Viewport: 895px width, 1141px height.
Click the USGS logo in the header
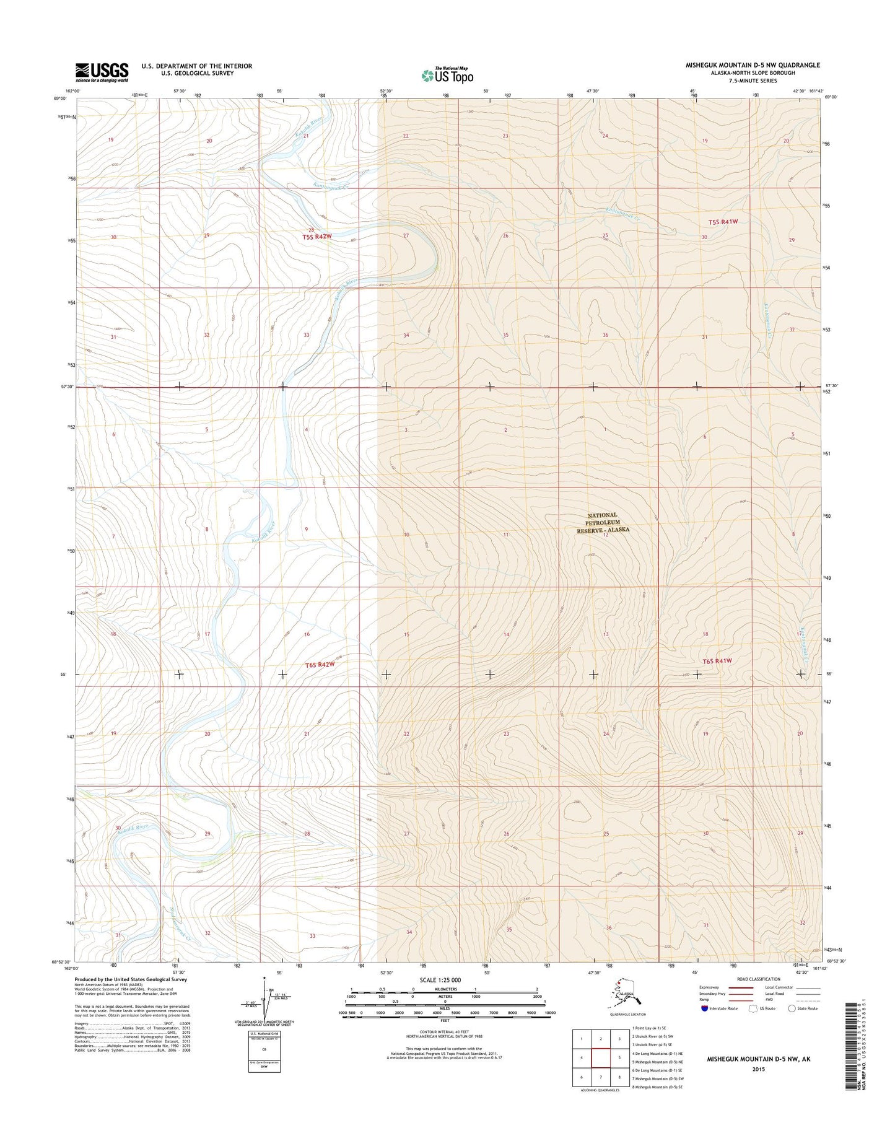pyautogui.click(x=102, y=72)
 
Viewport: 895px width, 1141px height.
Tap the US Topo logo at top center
pyautogui.click(x=447, y=75)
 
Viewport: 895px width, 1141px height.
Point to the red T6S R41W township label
pyautogui.click(x=717, y=661)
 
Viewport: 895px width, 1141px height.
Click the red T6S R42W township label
pyautogui.click(x=320, y=665)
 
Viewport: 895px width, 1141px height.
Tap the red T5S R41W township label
pyautogui.click(x=723, y=222)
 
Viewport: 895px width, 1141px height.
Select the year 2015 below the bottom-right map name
pyautogui.click(x=758, y=1069)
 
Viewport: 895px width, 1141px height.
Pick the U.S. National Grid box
pyautogui.click(x=264, y=1052)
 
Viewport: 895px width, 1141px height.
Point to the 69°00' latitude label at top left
pyautogui.click(x=60, y=98)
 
